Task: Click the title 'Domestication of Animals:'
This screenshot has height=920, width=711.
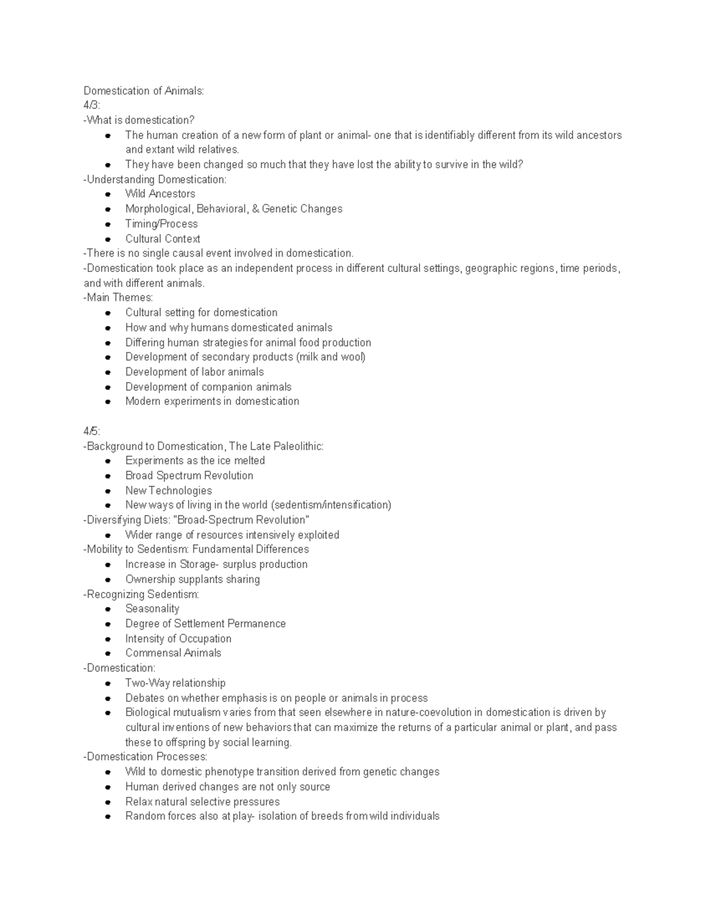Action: [143, 91]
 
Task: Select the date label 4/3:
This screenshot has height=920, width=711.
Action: [92, 105]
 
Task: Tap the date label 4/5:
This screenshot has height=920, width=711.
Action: [92, 431]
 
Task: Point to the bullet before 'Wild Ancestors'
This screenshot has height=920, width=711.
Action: [108, 194]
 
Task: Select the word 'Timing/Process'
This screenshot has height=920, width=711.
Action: [161, 224]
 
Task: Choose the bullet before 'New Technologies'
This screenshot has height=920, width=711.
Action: [108, 491]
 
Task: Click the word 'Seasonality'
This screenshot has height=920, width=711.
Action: [152, 609]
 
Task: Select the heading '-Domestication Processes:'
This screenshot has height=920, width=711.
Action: [145, 756]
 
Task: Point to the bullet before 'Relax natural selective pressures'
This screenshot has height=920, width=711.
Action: [108, 802]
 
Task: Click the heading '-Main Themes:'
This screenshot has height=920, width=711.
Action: [118, 297]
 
